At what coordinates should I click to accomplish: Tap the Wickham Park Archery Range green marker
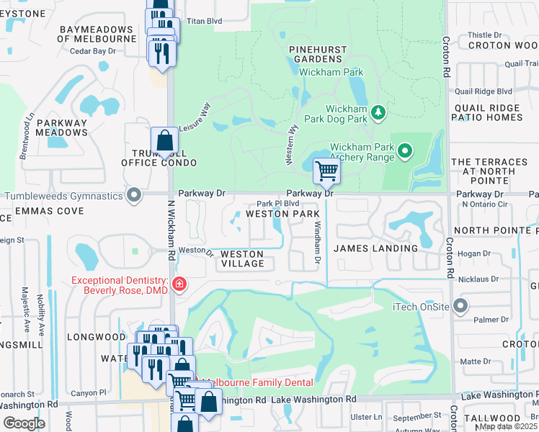point(405,151)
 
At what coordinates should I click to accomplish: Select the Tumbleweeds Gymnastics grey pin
point(133,195)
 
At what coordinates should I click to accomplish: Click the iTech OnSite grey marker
point(458,307)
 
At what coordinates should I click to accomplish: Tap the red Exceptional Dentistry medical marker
point(178,285)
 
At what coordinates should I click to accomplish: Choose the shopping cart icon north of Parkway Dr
point(326,171)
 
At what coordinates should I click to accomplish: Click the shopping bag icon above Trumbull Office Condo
point(164,140)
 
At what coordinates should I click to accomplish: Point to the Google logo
point(23,423)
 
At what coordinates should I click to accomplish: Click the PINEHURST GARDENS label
point(318,55)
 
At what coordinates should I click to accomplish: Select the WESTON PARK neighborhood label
point(282,215)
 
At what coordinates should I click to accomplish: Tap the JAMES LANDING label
point(375,248)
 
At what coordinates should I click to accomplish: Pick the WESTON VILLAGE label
point(242,259)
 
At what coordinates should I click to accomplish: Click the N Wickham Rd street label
point(172,230)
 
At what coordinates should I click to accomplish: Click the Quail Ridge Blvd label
point(483,91)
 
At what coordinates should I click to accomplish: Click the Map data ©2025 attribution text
point(507,426)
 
